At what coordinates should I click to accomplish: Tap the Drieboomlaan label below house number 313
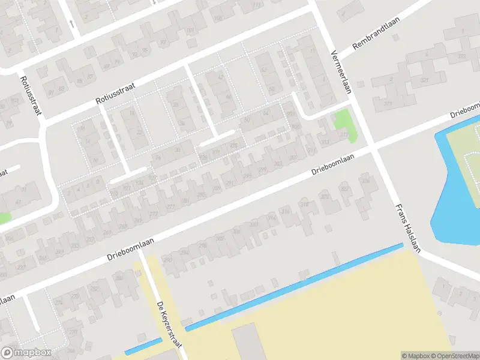coord(332,164)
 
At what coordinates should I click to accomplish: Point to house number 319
coord(388,104)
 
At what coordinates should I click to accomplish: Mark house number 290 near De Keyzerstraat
coord(167,260)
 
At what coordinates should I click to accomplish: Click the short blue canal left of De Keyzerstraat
coord(143,346)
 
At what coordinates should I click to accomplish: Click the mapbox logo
coord(26,353)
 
